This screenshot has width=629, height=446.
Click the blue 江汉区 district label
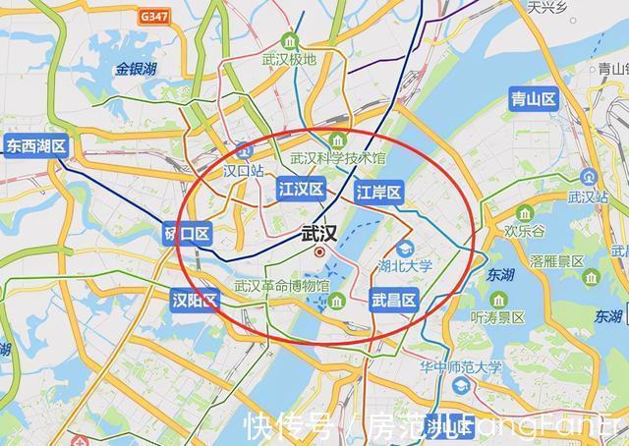point(301,189)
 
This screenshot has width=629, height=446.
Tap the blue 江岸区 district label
point(377,193)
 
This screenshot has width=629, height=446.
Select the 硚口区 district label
point(187,234)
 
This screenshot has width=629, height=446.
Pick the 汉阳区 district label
point(195,300)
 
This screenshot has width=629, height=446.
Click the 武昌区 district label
point(394,300)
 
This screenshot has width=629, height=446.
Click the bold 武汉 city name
point(320,234)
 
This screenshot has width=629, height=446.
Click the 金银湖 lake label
point(136,69)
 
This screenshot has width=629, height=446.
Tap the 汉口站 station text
point(244,170)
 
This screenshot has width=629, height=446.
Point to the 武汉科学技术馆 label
point(338,157)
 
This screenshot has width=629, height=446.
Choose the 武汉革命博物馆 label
point(281,286)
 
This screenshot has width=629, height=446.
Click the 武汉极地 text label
point(289,59)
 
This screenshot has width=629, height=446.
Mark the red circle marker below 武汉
point(319,252)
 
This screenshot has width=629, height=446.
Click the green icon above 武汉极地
point(289,40)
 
